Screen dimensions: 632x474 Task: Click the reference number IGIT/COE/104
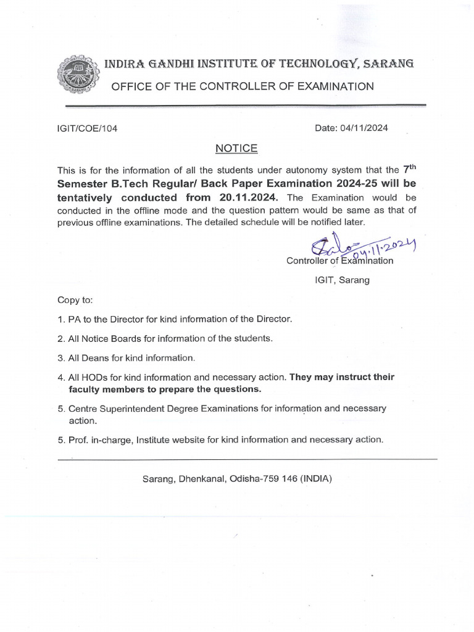pyautogui.click(x=87, y=129)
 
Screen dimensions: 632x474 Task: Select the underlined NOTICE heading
pyautogui.click(x=236, y=149)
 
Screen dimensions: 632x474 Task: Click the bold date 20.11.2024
pyautogui.click(x=248, y=197)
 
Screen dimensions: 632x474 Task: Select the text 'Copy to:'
pyautogui.click(x=75, y=300)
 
